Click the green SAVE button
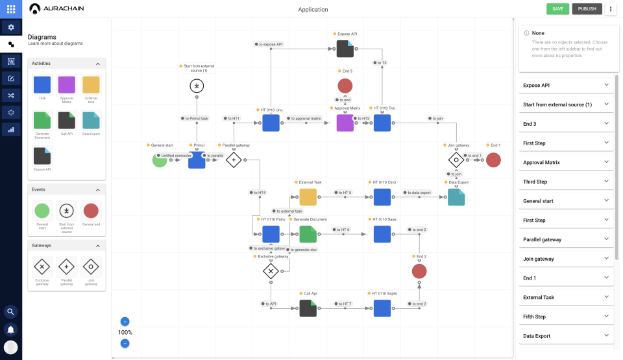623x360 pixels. pos(557,9)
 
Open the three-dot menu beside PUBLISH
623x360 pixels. pos(610,9)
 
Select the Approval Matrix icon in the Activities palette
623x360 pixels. pos(67,85)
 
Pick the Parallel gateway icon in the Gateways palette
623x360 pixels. pos(67,266)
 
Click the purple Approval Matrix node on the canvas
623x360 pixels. pos(345,123)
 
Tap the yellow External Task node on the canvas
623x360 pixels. pos(308,197)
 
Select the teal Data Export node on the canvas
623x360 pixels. pos(456,197)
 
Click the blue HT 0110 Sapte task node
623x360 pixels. pos(382,308)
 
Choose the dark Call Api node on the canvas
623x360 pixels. pos(308,308)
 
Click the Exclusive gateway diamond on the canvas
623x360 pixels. pos(271,271)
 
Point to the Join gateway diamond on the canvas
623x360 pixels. pos(456,160)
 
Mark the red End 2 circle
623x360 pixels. pos(419,271)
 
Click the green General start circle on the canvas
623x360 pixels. pos(160,160)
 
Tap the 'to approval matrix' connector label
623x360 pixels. pos(305,119)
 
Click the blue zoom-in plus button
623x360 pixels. pos(125,321)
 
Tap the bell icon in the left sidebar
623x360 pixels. pos(11,329)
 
